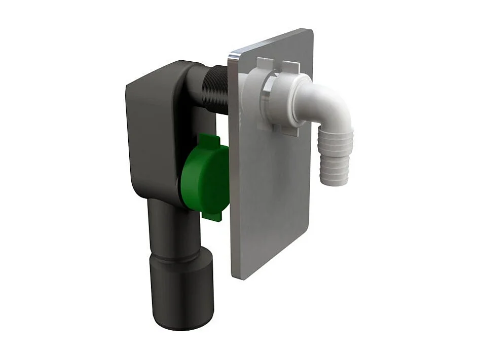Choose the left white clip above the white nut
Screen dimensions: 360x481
(266, 66)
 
